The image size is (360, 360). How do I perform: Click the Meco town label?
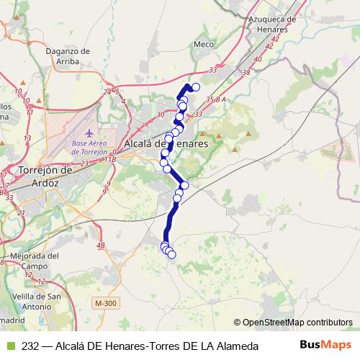[204, 44]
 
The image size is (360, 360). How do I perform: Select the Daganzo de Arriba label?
[66, 56]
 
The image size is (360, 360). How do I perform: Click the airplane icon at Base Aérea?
[89, 134]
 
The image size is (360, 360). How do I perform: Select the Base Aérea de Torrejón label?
[89, 148]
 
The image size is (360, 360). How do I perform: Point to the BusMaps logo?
[327, 345]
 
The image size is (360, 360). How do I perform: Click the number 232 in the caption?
[30, 346]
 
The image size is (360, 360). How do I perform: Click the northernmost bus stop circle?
[195, 87]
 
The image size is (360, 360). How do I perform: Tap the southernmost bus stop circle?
[171, 254]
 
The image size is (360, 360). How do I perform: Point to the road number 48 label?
[100, 246]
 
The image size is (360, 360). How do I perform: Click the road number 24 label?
[107, 92]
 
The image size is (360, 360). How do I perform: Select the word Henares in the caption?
[124, 346]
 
